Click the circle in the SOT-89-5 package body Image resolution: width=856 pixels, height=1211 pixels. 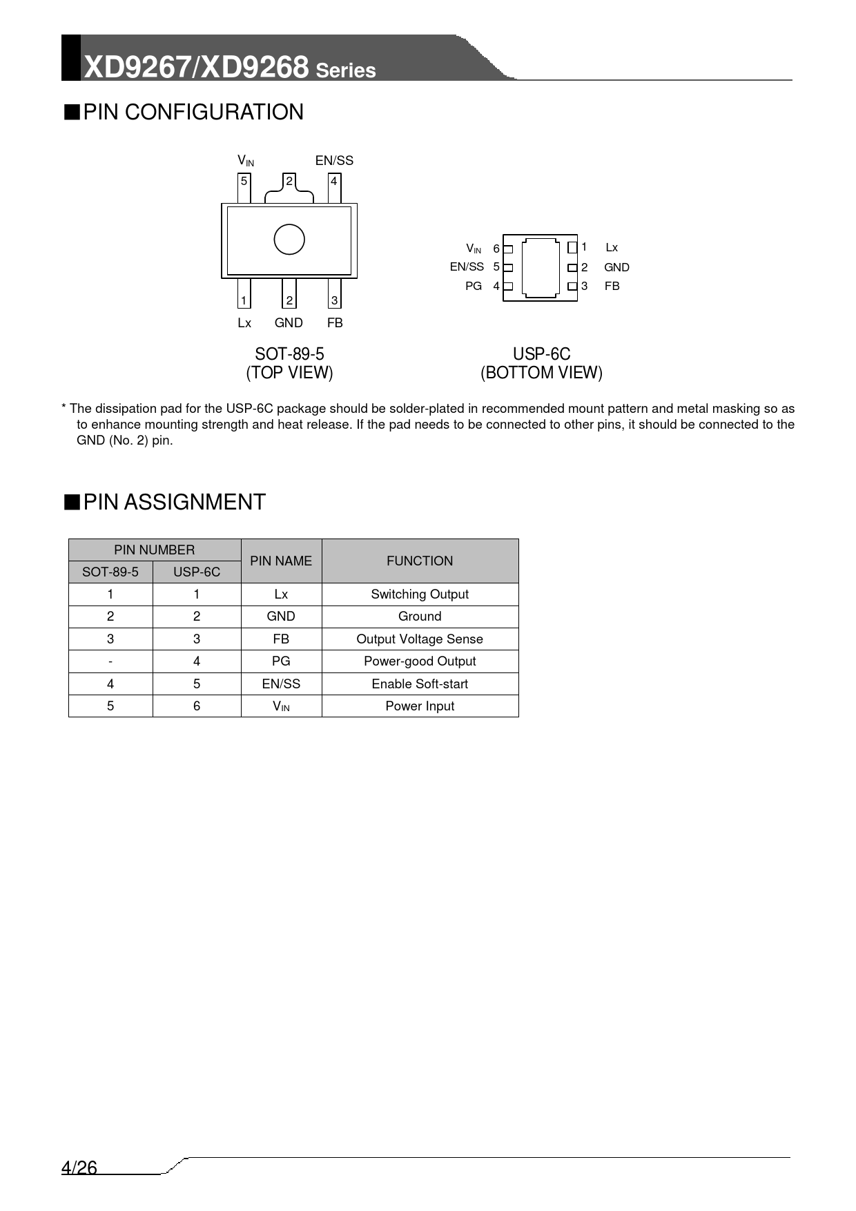(x=289, y=240)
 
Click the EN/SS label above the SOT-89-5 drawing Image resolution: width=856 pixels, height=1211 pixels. (x=334, y=161)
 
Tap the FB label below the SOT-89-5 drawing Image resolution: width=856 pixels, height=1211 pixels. (x=335, y=323)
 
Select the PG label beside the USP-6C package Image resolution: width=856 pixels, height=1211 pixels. (x=474, y=286)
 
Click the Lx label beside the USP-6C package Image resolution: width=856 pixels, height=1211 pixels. (x=612, y=247)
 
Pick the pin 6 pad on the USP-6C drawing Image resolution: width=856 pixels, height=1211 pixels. (x=508, y=249)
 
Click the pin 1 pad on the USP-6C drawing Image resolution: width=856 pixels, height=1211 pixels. (x=572, y=247)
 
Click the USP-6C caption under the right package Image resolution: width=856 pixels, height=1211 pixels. (x=541, y=354)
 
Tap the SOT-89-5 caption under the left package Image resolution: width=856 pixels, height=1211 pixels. (x=289, y=354)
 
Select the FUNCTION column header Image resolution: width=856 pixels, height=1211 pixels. (x=420, y=561)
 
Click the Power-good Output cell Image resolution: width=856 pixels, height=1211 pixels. (x=420, y=661)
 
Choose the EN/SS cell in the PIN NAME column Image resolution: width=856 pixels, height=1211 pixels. (x=281, y=684)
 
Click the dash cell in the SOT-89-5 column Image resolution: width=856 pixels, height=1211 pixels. (x=110, y=661)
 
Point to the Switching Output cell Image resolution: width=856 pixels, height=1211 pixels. (x=420, y=594)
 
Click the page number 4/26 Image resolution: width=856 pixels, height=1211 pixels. (x=79, y=1168)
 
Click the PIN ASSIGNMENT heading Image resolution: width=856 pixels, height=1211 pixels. (x=174, y=502)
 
